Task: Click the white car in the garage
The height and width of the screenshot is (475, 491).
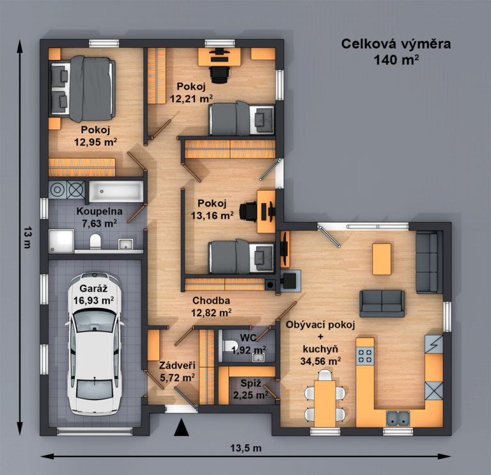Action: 94,344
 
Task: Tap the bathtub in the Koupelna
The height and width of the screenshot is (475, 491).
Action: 116,191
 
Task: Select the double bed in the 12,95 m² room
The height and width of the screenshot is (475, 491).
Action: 82,88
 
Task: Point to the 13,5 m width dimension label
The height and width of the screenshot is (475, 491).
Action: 245,448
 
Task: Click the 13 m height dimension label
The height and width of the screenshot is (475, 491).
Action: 27,237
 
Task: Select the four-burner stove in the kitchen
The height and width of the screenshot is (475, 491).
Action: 365,356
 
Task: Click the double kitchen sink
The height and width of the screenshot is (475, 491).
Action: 398,418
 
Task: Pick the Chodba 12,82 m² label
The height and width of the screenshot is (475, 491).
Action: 212,307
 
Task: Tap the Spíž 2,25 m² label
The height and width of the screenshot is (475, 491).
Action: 251,389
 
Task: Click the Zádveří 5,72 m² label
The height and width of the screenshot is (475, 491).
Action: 177,371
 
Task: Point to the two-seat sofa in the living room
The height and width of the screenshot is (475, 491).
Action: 382,303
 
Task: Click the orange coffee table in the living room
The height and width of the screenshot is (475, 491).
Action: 382,259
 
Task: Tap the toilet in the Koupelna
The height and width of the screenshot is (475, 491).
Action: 95,241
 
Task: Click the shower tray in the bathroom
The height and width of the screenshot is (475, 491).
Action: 61,241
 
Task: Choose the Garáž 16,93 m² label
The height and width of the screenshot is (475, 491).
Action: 93,294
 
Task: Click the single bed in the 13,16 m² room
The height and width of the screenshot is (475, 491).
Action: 242,257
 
